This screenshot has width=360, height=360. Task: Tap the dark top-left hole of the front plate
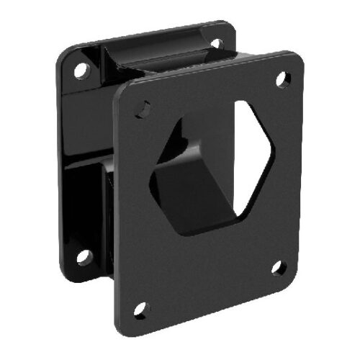pos(143,108)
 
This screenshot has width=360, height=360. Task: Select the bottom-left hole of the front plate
pos(140,310)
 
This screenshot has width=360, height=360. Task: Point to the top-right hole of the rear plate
pos(215,44)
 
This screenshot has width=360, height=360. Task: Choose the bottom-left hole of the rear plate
pos(84,256)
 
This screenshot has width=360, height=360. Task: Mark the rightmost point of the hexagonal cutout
pos(274,149)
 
